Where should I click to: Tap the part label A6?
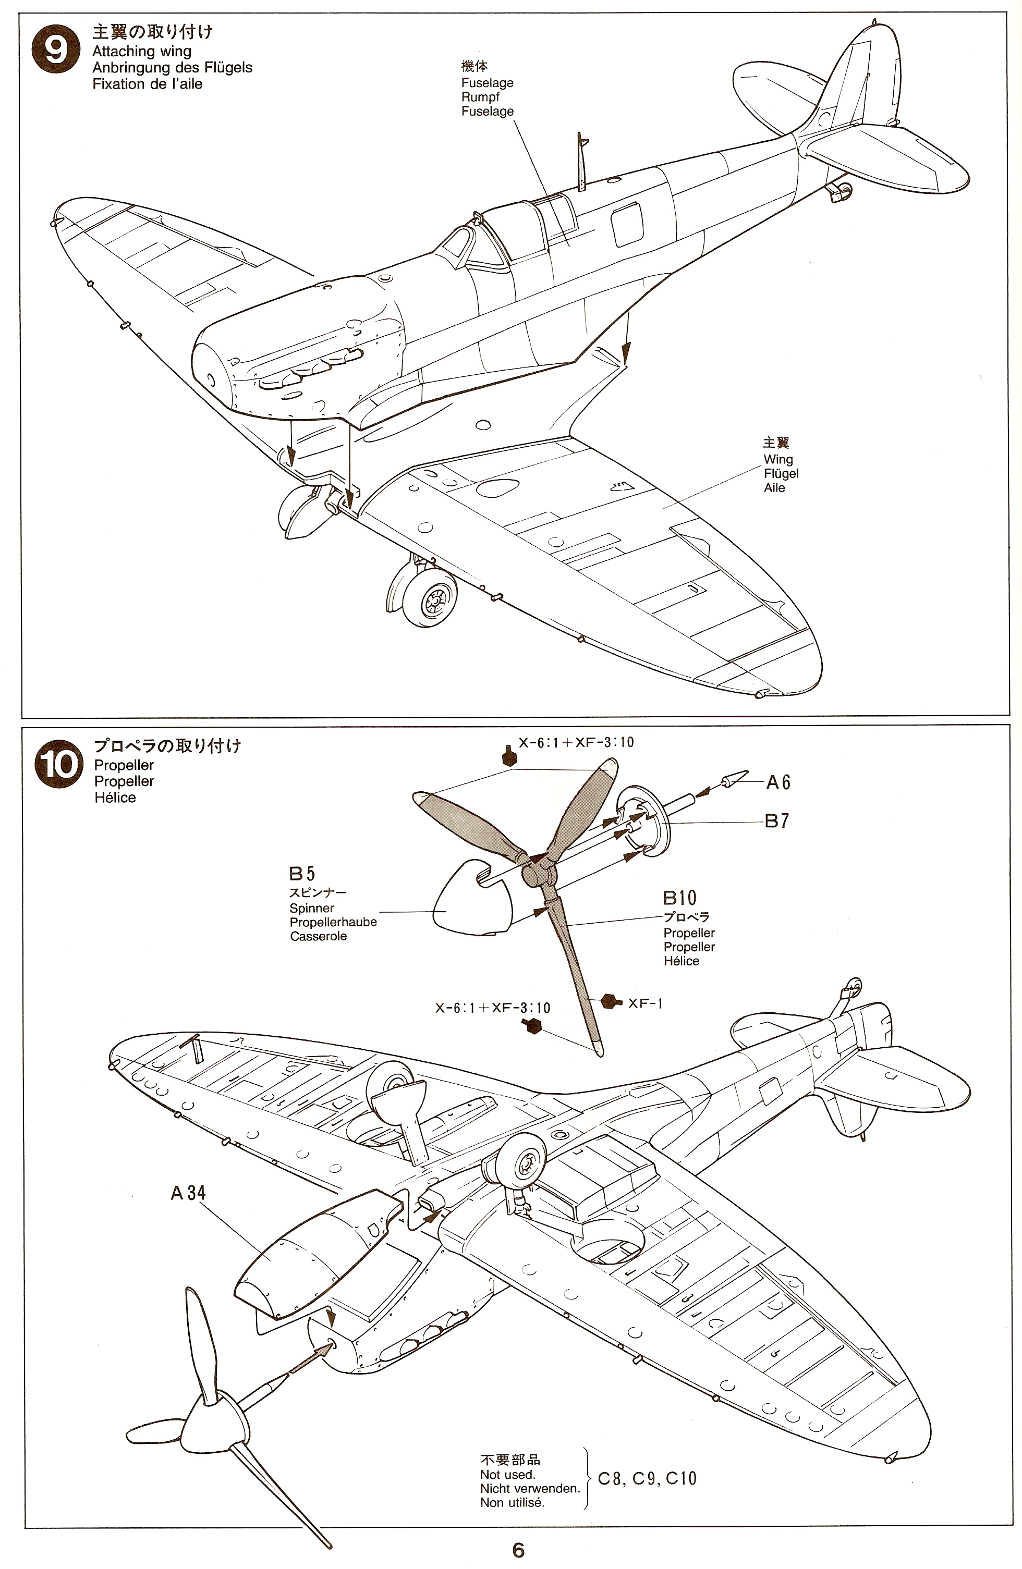777,782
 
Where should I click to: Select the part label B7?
777,821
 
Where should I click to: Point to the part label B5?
302,874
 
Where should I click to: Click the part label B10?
679,898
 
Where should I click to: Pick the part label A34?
188,1193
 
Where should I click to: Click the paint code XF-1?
645,1003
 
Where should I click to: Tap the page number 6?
518,1551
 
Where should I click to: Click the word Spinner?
311,908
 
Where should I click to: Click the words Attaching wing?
142,52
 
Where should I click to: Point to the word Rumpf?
480,97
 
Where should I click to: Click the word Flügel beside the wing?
781,473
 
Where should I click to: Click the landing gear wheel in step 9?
433,599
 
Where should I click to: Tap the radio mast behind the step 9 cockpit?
581,164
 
